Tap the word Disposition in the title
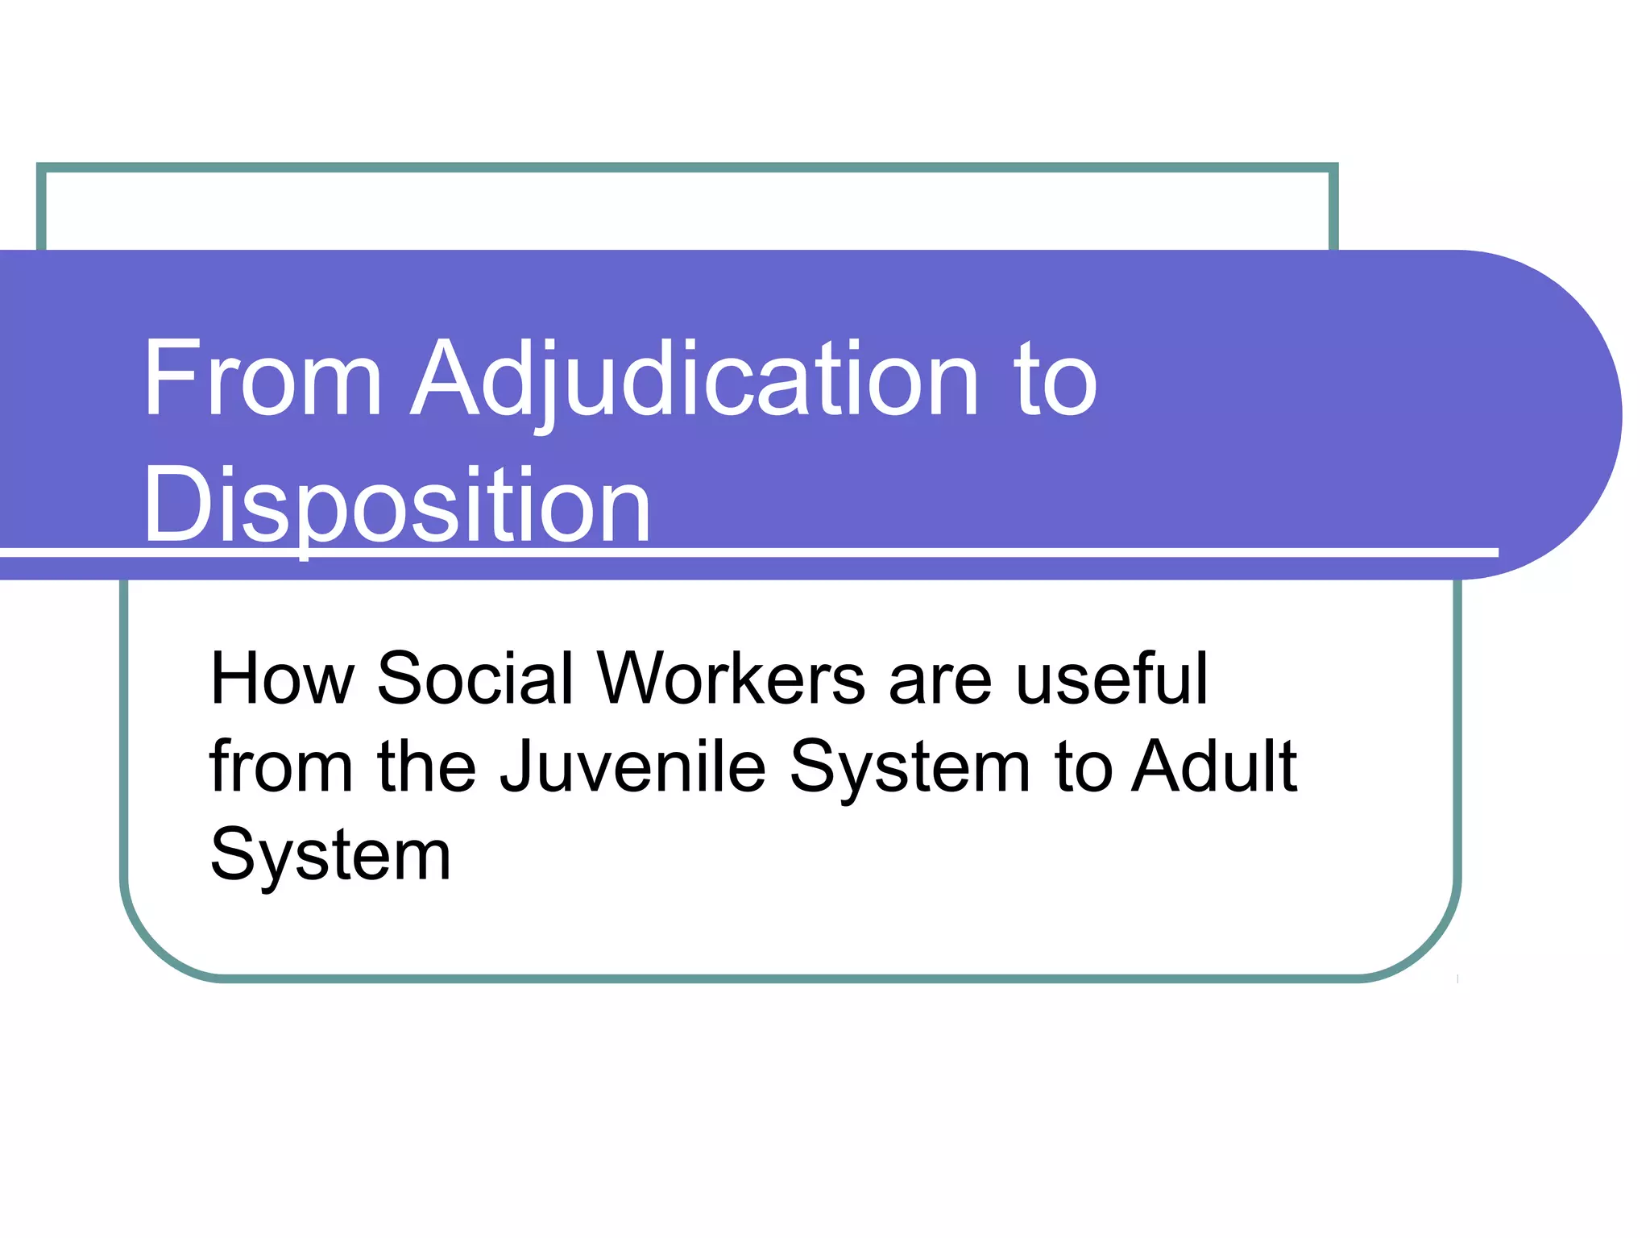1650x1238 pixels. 396,506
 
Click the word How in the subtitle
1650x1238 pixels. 282,679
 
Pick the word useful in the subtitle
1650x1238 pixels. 1112,679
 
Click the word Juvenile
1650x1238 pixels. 632,767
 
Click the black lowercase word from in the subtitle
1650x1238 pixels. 281,767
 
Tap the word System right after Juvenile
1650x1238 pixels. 910,767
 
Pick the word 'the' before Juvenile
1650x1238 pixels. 427,767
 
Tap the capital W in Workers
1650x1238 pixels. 636,679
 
